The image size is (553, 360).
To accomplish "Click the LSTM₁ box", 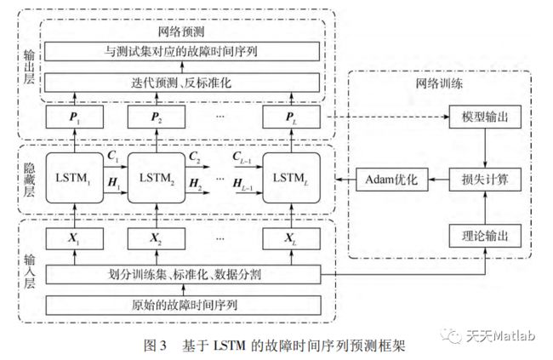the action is pyautogui.click(x=74, y=178).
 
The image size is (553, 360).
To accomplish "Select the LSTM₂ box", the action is pyautogui.click(x=157, y=178).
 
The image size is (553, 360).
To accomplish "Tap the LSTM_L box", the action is pyautogui.click(x=291, y=178).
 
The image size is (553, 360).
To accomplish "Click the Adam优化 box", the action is pyautogui.click(x=392, y=180).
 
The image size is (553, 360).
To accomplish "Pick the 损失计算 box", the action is pyautogui.click(x=485, y=180).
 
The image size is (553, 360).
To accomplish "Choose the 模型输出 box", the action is pyautogui.click(x=485, y=117).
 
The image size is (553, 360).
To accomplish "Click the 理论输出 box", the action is pyautogui.click(x=485, y=236).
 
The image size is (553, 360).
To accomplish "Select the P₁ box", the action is pyautogui.click(x=74, y=117).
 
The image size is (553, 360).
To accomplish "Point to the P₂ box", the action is pyautogui.click(x=157, y=117).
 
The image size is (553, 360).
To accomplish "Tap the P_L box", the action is pyautogui.click(x=291, y=117).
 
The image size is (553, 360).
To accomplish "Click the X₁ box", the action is pyautogui.click(x=74, y=238).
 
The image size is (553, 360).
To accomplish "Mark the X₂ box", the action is pyautogui.click(x=157, y=238).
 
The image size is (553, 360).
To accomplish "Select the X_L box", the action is pyautogui.click(x=291, y=238).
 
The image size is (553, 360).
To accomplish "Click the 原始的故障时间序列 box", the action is pyautogui.click(x=184, y=305).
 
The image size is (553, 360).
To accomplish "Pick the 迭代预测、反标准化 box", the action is pyautogui.click(x=182, y=83).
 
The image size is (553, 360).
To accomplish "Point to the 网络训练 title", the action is pyautogui.click(x=439, y=83).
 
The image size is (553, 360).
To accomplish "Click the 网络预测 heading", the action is pyautogui.click(x=181, y=32).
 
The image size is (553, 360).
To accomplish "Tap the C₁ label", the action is pyautogui.click(x=113, y=156).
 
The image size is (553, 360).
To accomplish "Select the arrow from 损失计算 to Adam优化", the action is pyautogui.click(x=438, y=180).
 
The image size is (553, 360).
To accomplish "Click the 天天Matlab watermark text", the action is pyautogui.click(x=500, y=335).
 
